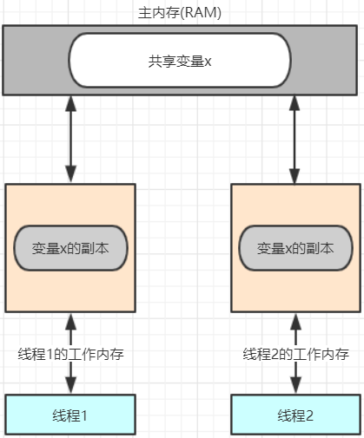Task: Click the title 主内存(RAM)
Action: coord(180,13)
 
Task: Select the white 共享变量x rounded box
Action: coord(180,60)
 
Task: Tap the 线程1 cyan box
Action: coord(70,415)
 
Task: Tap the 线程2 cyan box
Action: coord(296,415)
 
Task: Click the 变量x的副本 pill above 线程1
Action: coord(70,248)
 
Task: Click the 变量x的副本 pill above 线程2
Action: coord(295,248)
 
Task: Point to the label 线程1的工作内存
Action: coord(71,354)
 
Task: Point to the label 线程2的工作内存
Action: coord(296,354)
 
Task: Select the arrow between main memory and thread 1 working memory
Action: coord(70,140)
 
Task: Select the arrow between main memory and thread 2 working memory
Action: coord(295,140)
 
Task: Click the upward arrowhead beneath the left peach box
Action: coord(70,322)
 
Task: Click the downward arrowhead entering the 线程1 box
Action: coord(70,385)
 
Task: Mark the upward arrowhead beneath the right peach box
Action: coord(295,322)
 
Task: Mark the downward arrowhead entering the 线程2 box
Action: coord(295,385)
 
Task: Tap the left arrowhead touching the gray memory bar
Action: coord(70,104)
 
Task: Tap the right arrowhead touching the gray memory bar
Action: coord(295,104)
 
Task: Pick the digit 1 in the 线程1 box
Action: coord(83,415)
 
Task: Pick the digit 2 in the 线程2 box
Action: coord(309,415)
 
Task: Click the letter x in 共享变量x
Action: coord(208,62)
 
